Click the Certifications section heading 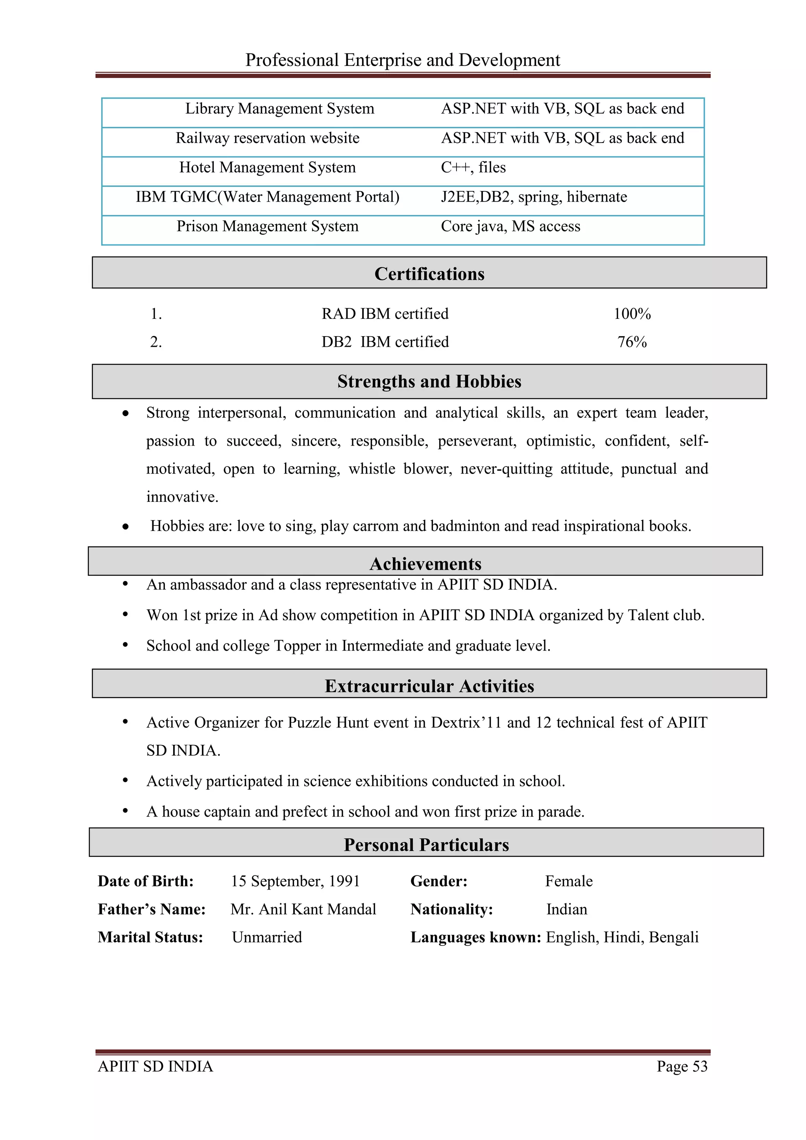point(429,274)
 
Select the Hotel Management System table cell point(268,168)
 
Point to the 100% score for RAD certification point(632,314)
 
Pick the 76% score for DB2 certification point(632,342)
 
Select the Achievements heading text point(425,564)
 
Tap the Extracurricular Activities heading point(429,686)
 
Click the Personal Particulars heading point(426,845)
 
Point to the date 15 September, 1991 point(295,881)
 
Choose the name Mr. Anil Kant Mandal point(303,909)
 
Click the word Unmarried point(266,937)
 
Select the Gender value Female point(569,881)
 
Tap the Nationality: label point(451,909)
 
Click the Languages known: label point(475,937)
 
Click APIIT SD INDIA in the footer point(155,1066)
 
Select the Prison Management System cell point(268,226)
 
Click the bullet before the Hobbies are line point(126,527)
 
